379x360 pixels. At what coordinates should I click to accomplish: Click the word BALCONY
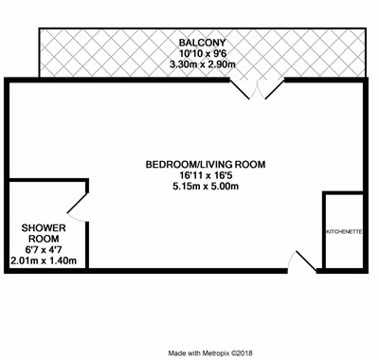[x=203, y=43]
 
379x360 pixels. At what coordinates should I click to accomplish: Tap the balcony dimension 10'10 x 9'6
[x=203, y=54]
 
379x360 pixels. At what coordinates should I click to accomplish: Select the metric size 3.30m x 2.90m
[x=203, y=64]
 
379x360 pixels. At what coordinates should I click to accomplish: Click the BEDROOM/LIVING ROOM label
[x=206, y=165]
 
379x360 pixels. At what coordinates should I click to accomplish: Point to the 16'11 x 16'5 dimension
[x=206, y=175]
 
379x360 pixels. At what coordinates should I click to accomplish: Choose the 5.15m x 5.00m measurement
[x=206, y=187]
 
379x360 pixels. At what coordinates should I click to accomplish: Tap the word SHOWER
[x=44, y=227]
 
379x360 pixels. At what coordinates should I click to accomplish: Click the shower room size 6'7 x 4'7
[x=44, y=250]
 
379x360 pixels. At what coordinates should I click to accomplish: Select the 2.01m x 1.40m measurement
[x=44, y=261]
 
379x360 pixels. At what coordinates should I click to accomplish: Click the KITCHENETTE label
[x=344, y=232]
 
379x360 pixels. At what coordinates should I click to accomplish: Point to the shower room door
[x=77, y=203]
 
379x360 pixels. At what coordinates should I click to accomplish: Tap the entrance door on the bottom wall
[x=306, y=261]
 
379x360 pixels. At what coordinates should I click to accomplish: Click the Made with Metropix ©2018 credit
[x=210, y=353]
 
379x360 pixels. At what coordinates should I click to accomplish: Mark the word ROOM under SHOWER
[x=44, y=239]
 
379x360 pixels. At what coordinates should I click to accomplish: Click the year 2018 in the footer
[x=245, y=353]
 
